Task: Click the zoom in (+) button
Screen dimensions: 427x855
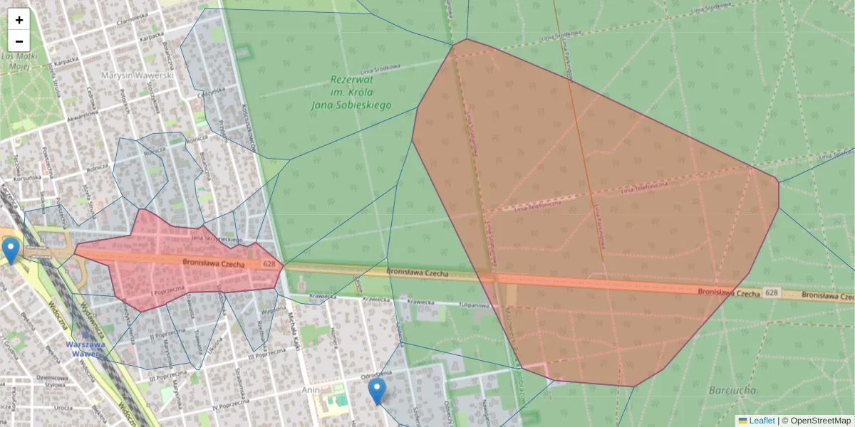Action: pyautogui.click(x=19, y=20)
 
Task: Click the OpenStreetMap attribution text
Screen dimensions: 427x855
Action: pyautogui.click(x=820, y=421)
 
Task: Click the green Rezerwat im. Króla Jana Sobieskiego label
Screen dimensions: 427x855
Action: pyautogui.click(x=351, y=93)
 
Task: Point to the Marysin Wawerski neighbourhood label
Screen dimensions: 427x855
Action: pyautogui.click(x=138, y=75)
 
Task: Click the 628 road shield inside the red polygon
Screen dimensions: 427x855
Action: pyautogui.click(x=269, y=264)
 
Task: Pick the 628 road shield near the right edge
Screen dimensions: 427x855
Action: pyautogui.click(x=772, y=292)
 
